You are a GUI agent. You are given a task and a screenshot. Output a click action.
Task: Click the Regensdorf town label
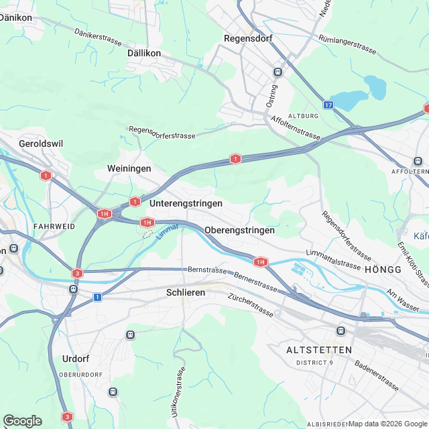(247, 39)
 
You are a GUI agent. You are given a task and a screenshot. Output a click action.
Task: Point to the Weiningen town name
(129, 168)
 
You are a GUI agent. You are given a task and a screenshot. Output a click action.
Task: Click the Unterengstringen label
(186, 202)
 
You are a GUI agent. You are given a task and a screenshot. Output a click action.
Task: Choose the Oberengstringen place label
(239, 230)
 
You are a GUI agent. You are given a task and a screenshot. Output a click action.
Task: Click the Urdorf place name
(75, 358)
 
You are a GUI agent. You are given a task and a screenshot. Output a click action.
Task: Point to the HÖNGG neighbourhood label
(383, 269)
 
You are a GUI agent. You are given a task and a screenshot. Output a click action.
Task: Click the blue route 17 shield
(328, 105)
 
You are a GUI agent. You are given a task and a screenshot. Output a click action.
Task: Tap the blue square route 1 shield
(97, 297)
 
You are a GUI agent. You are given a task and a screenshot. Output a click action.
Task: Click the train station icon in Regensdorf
(278, 72)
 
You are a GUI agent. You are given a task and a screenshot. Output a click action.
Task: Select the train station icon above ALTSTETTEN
(341, 330)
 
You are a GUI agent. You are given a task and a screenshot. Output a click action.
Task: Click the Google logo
(22, 420)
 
